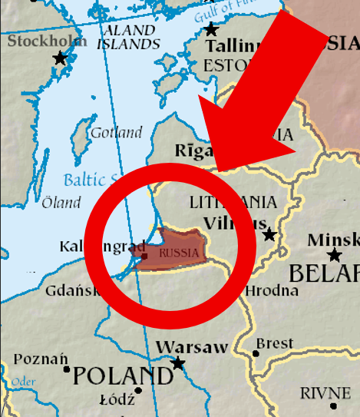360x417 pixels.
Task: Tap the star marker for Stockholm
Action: (x=59, y=58)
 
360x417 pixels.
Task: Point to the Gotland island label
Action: (x=116, y=133)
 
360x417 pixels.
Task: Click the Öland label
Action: (x=61, y=203)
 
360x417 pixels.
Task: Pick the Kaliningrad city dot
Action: (x=145, y=256)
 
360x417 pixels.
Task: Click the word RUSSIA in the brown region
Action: (x=178, y=252)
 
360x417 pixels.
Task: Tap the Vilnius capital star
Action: (x=269, y=233)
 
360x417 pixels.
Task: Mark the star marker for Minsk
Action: (x=334, y=255)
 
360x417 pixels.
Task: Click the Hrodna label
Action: (x=272, y=290)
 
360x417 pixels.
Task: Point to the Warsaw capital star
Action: (x=178, y=362)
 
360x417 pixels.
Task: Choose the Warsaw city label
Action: (x=191, y=347)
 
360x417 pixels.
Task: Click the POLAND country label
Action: (x=123, y=376)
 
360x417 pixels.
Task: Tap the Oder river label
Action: (x=24, y=382)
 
